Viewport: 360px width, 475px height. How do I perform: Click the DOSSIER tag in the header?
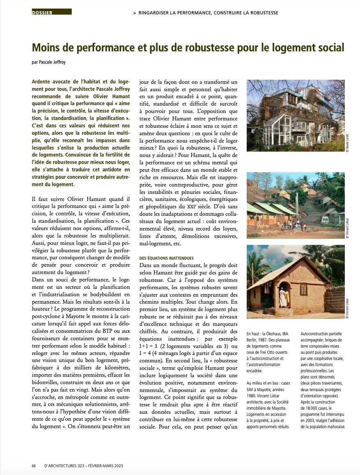42,13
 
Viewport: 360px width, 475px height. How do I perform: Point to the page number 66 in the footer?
34,466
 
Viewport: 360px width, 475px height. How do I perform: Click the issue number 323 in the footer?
77,466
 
